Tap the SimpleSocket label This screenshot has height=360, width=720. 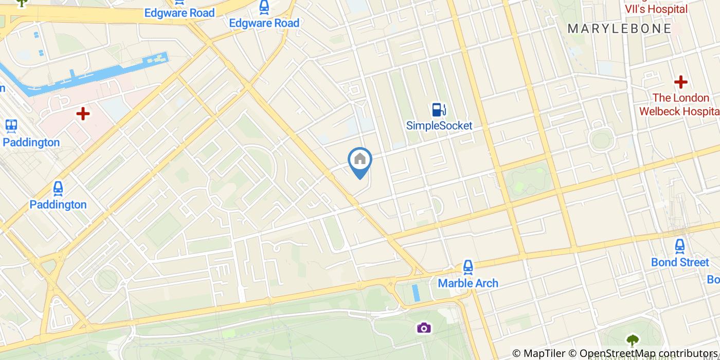(x=439, y=125)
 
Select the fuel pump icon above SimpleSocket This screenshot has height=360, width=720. (x=438, y=110)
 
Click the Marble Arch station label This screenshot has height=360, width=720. (x=467, y=283)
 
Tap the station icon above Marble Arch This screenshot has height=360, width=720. (x=467, y=267)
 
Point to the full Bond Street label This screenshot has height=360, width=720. (x=679, y=262)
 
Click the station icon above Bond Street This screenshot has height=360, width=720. (x=679, y=246)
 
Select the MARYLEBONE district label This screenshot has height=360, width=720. (x=619, y=29)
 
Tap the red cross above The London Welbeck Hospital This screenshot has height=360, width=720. (x=680, y=82)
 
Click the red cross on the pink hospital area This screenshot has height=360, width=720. (x=83, y=114)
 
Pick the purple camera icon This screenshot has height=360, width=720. (x=423, y=328)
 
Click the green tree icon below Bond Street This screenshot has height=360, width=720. (x=632, y=340)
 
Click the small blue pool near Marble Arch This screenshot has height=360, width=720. (x=416, y=293)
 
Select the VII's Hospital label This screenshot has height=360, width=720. (x=656, y=9)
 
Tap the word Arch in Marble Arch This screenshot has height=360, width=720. (x=485, y=283)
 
